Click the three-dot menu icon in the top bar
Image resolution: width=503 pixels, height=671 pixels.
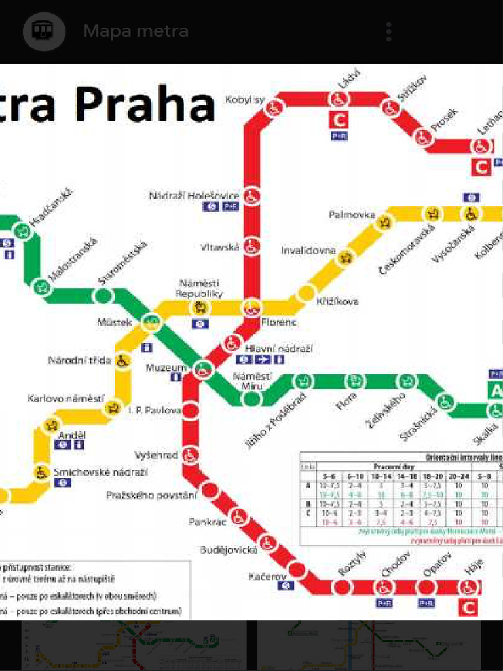389,31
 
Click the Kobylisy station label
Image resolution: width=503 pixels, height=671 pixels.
245,100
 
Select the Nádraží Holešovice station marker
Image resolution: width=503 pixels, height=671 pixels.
252,195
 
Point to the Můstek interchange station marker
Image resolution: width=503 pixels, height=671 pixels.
152,322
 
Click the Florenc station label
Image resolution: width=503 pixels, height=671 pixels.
278,322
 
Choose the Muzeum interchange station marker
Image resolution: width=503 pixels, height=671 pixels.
203,371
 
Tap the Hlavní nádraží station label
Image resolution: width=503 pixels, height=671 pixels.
279,348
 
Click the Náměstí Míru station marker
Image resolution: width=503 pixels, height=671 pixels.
252,398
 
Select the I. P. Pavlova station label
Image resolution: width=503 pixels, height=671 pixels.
155,410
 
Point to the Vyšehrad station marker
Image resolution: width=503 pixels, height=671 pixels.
191,455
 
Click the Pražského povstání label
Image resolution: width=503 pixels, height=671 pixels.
151,495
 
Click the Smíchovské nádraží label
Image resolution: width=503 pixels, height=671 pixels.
100,472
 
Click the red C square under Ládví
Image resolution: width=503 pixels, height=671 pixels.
339,120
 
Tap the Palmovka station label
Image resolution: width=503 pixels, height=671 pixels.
352,215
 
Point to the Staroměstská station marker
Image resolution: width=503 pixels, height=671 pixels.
102,296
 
